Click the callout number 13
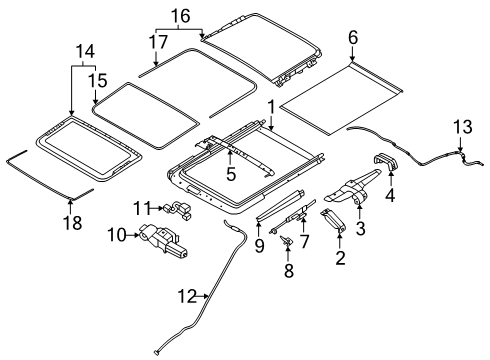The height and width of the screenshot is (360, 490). (x=463, y=127)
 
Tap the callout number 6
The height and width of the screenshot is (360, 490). (x=353, y=37)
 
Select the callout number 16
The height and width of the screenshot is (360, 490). (x=181, y=16)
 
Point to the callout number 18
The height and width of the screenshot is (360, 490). (x=73, y=222)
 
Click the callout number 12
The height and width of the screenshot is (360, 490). (x=187, y=296)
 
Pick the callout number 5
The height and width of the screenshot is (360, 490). (x=231, y=174)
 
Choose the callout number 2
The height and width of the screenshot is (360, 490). (x=340, y=257)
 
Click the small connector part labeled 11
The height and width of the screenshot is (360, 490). (x=179, y=211)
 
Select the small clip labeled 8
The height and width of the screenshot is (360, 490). (x=287, y=241)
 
